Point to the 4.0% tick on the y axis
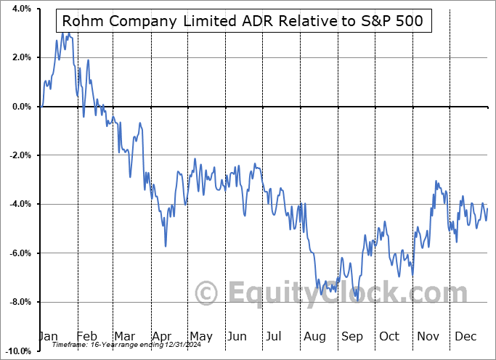pyautogui.click(x=20, y=9)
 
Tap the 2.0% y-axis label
pyautogui.click(x=20, y=57)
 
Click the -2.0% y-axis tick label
pyautogui.click(x=19, y=155)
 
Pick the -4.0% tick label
pyautogui.click(x=19, y=204)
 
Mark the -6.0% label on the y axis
pyautogui.click(x=19, y=253)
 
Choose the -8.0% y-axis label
pyautogui.click(x=19, y=302)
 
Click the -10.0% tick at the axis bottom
pyautogui.click(x=17, y=351)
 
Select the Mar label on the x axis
pyautogui.click(x=123, y=336)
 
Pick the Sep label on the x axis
pyautogui.click(x=352, y=336)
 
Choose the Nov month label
pyautogui.click(x=428, y=336)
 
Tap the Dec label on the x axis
pyautogui.click(x=466, y=336)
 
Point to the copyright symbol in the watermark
pyautogui.click(x=207, y=293)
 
